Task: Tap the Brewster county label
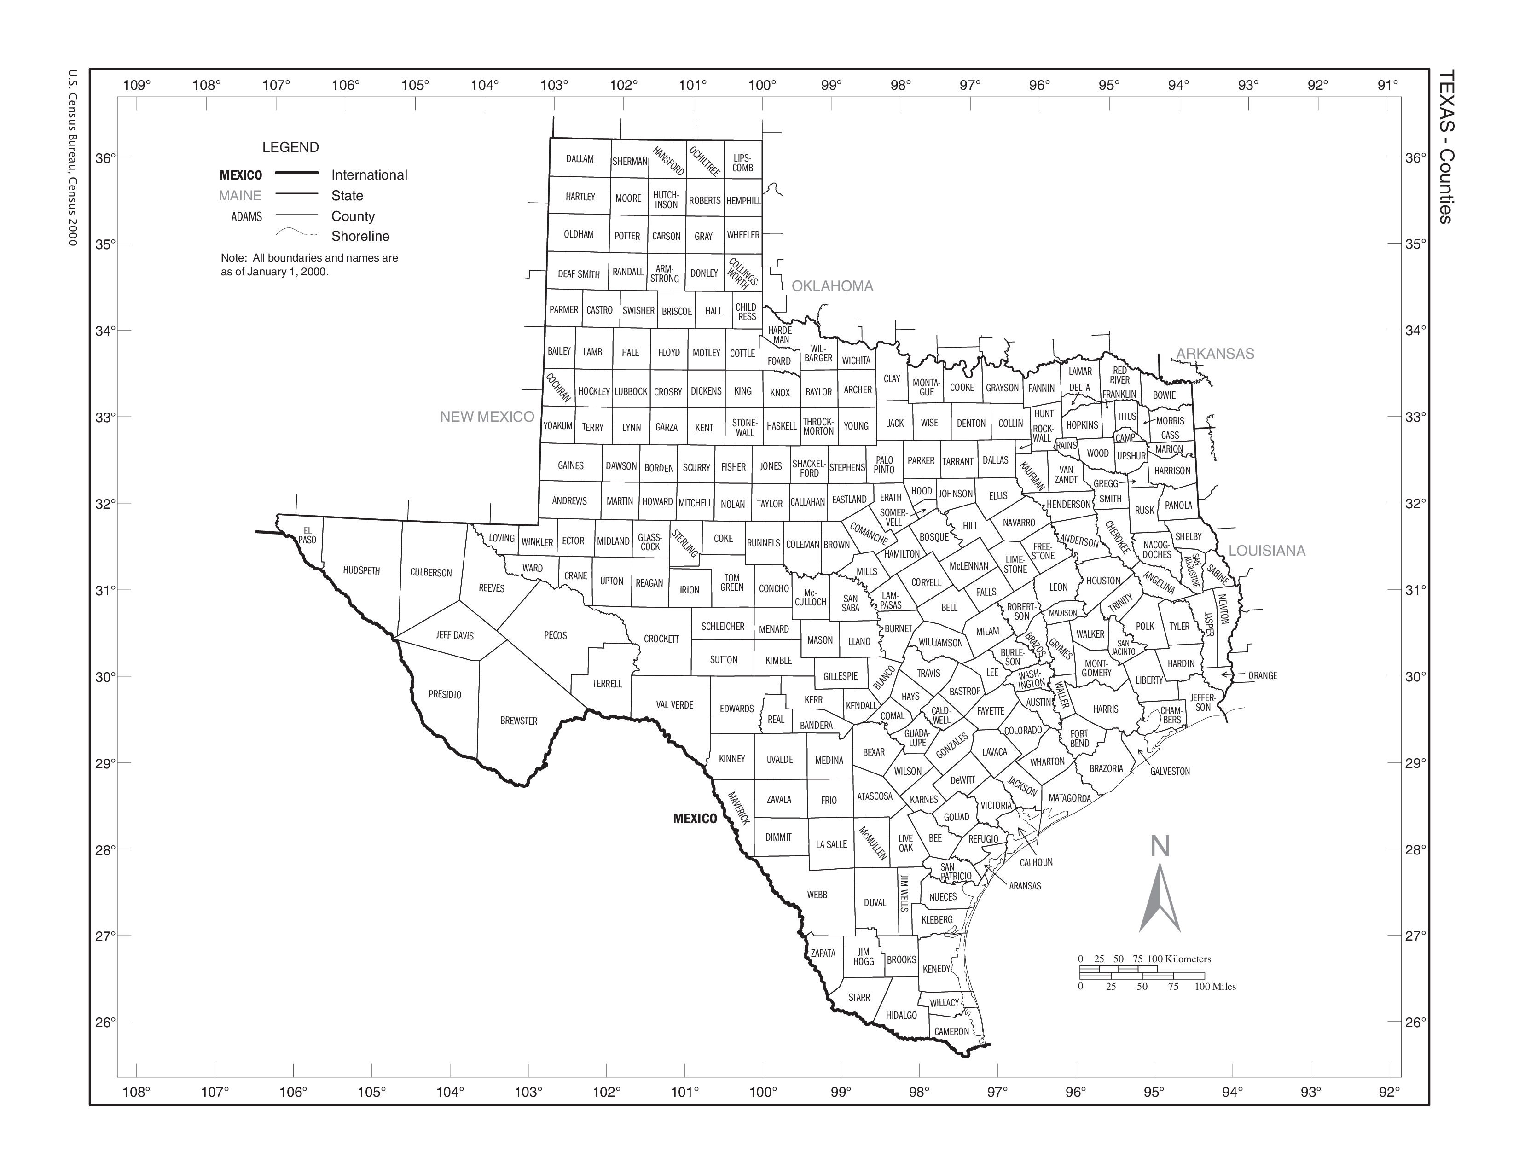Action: [x=519, y=721]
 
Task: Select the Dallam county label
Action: [x=580, y=158]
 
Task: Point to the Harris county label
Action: [x=1105, y=709]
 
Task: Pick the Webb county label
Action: [x=817, y=895]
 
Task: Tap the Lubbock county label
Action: [x=631, y=392]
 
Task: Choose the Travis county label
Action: [x=928, y=673]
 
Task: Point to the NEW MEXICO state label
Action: [x=487, y=417]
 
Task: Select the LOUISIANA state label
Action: [x=1267, y=551]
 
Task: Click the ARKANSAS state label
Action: [x=1215, y=353]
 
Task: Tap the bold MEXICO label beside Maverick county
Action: [x=695, y=819]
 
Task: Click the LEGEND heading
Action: [x=291, y=147]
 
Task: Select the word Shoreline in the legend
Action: [x=360, y=237]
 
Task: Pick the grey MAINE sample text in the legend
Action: [x=240, y=195]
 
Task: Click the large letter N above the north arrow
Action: [x=1160, y=846]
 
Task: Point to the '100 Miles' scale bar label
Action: [x=1215, y=986]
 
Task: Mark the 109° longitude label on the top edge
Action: [x=136, y=86]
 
